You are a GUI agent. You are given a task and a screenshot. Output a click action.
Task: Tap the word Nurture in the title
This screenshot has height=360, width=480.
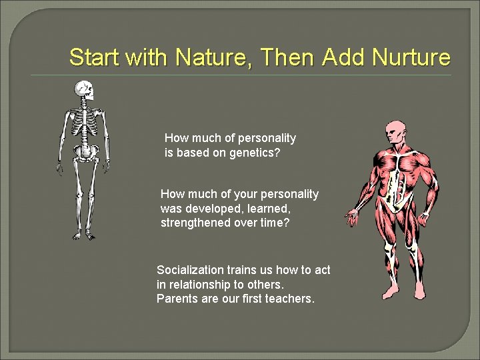(412, 57)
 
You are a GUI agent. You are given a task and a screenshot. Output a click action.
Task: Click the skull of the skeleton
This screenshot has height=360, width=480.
(84, 90)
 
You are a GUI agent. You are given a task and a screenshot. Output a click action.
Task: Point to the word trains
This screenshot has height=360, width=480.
(243, 270)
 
